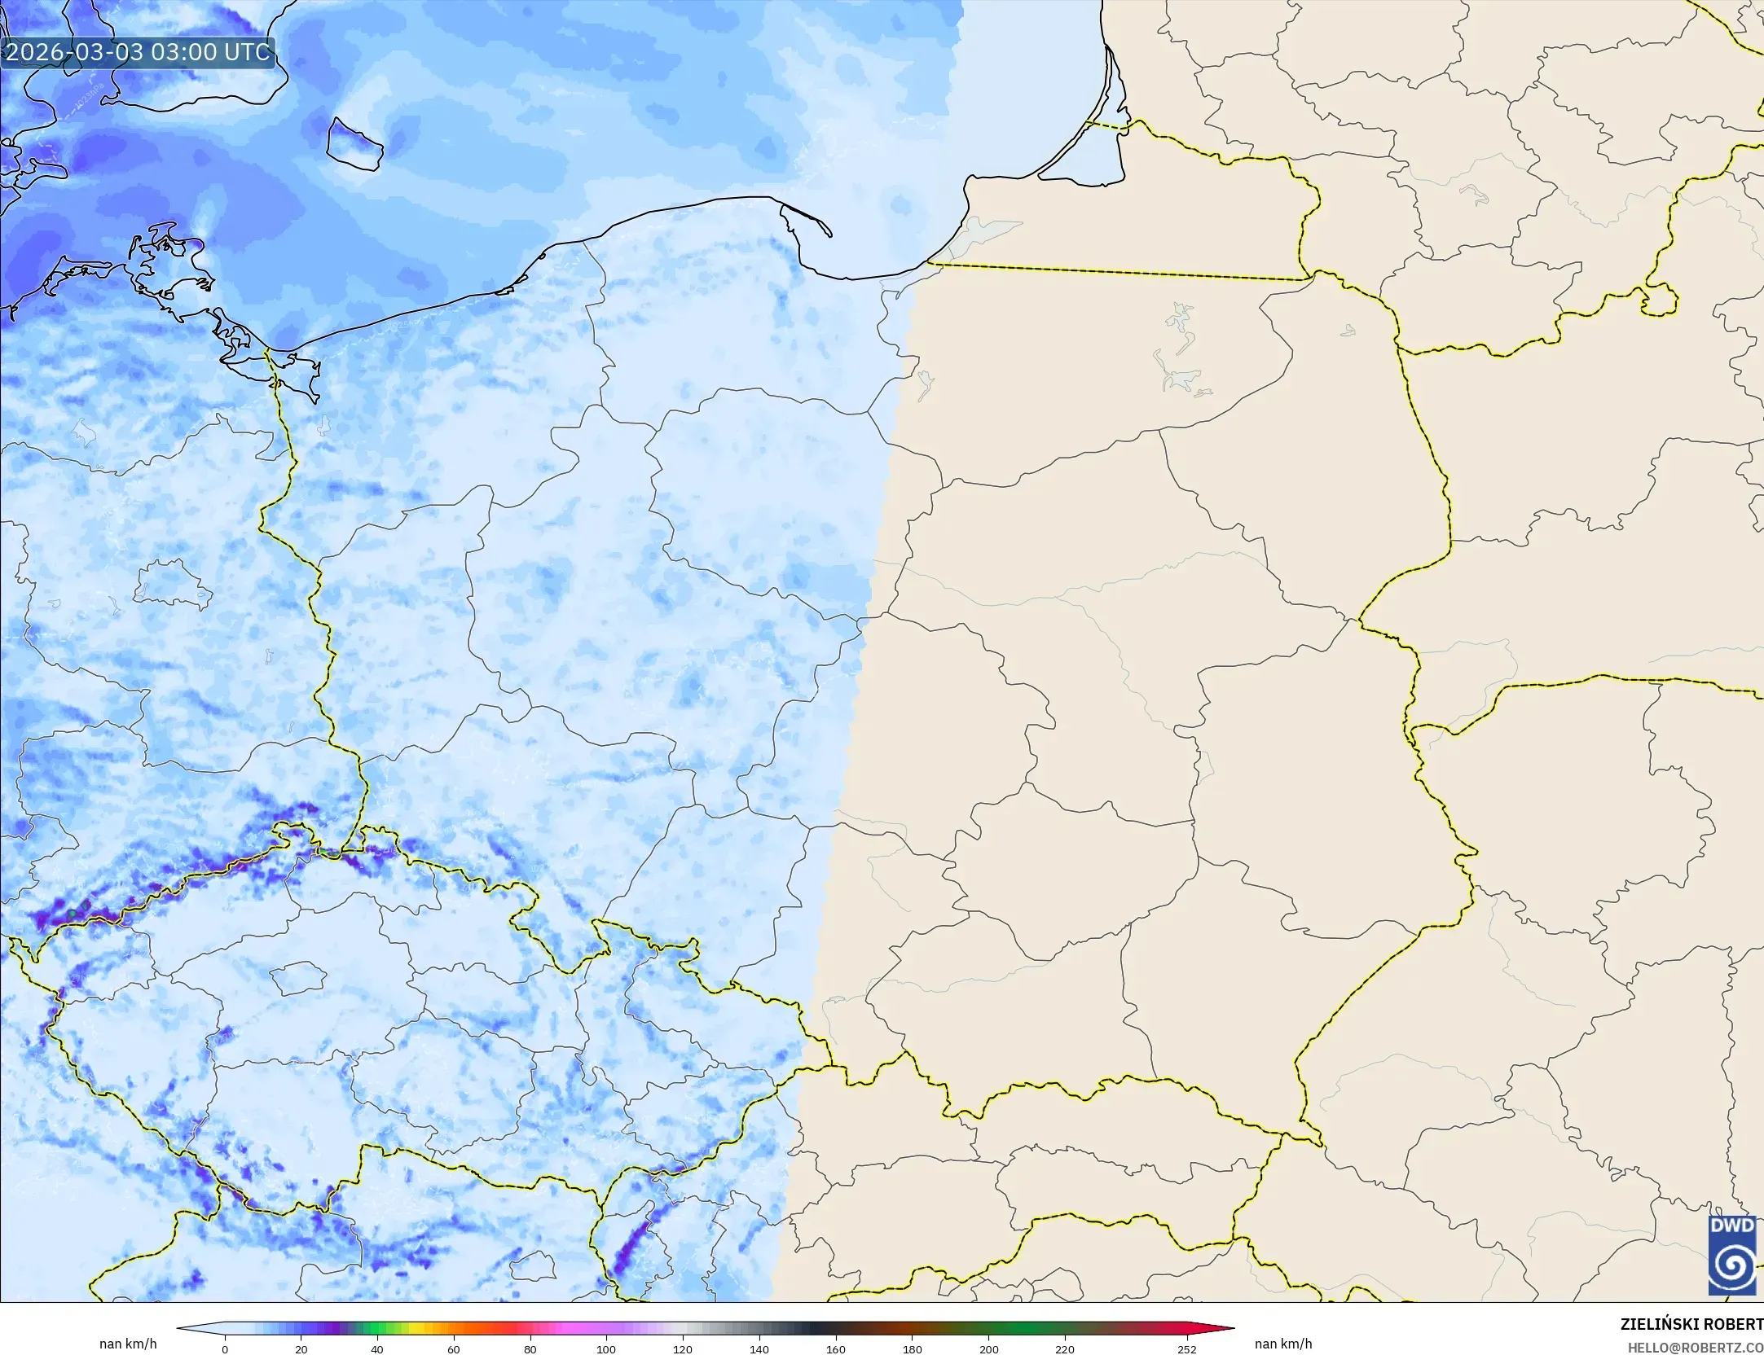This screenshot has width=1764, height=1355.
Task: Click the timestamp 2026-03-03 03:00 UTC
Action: click(x=138, y=52)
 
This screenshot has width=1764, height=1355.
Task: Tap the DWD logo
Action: click(x=1732, y=1255)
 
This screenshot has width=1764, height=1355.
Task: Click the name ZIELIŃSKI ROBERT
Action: click(x=1691, y=1324)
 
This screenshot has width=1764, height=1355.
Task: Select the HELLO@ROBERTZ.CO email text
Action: click(x=1696, y=1348)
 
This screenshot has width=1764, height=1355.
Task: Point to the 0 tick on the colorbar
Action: click(x=225, y=1349)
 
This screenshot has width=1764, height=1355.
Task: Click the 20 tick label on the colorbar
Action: click(x=301, y=1349)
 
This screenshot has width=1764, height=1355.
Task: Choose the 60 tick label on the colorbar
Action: click(x=454, y=1349)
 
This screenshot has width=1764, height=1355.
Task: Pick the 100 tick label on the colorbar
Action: click(x=605, y=1349)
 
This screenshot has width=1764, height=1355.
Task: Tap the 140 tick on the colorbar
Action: click(x=759, y=1349)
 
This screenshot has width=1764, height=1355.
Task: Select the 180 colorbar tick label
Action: click(x=912, y=1349)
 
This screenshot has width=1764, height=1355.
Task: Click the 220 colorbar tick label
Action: click(x=1064, y=1349)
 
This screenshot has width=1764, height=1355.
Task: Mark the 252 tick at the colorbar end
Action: click(x=1186, y=1349)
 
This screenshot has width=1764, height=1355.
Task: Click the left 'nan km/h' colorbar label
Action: click(x=128, y=1344)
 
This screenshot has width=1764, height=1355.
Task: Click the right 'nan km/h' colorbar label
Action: click(x=1283, y=1344)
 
